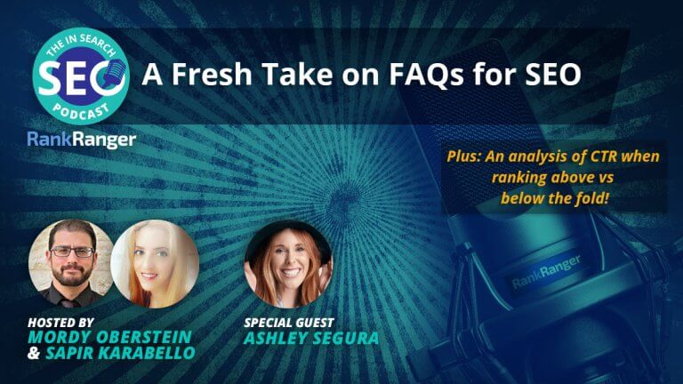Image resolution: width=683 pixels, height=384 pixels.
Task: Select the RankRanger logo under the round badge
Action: (81, 140)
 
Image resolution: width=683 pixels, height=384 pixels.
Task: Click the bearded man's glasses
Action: (70, 252)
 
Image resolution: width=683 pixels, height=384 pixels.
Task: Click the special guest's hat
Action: (287, 233)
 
